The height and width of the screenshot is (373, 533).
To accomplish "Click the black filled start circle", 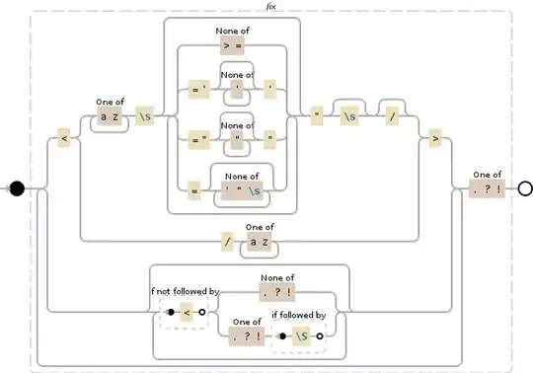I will click(x=17, y=187).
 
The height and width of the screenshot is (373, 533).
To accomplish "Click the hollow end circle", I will click(x=524, y=187).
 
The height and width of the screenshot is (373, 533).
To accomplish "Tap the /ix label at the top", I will click(x=271, y=6).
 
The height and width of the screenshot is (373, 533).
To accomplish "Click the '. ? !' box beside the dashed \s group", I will click(x=246, y=336).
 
